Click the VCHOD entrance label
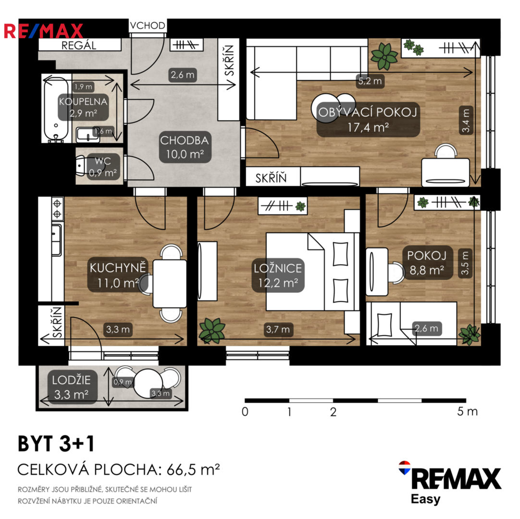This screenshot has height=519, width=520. click(148, 25)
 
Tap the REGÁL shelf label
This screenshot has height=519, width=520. click(79, 45)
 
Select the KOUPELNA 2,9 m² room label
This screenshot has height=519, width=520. click(83, 107)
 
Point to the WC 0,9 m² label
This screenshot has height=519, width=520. click(103, 167)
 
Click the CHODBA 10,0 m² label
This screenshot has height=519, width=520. click(185, 147)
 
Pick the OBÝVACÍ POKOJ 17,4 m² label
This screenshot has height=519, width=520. click(368, 119)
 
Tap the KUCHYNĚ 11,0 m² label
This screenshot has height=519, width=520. click(118, 275)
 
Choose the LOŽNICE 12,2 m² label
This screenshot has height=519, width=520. click(278, 275)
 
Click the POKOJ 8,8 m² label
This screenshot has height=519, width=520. click(427, 263)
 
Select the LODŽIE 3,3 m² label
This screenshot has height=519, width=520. click(71, 387)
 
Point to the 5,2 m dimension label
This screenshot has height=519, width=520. click(370, 81)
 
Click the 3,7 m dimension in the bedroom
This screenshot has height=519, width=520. click(278, 329)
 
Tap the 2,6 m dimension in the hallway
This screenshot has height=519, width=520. click(183, 75)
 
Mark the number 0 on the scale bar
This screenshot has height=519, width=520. click(245, 411)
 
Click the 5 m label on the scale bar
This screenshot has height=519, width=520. click(467, 411)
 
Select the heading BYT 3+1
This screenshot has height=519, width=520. click(56, 444)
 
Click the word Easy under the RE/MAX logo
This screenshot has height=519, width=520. click(425, 499)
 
